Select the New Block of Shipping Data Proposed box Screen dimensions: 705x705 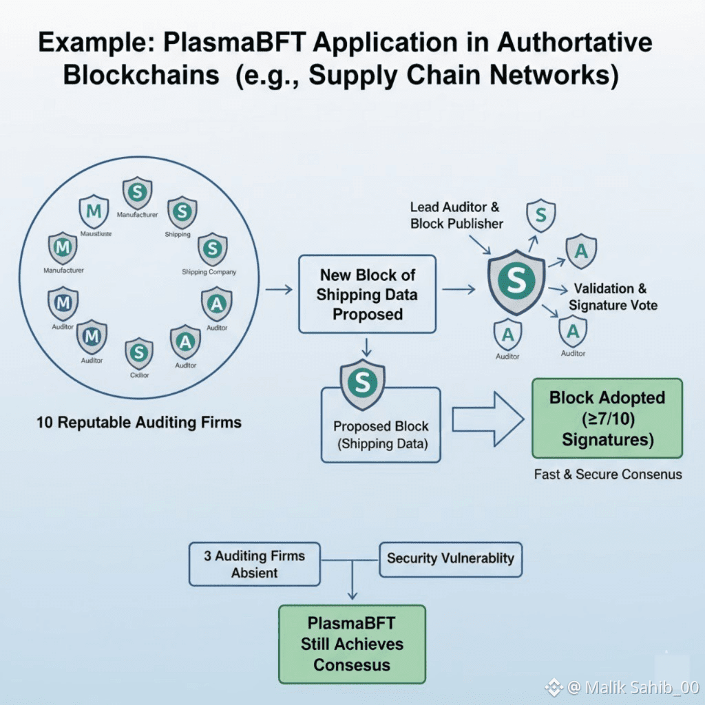click(x=366, y=295)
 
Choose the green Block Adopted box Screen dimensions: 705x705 click(x=607, y=418)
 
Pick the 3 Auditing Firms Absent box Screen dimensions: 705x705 click(x=254, y=564)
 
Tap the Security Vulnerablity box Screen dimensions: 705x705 click(x=450, y=558)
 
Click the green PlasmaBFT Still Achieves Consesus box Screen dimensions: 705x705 click(x=352, y=644)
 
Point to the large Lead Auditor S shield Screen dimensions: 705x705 click(x=516, y=280)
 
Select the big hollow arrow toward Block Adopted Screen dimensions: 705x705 click(x=487, y=420)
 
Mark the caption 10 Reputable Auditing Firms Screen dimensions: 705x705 click(x=139, y=422)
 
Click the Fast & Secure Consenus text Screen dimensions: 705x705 click(x=608, y=474)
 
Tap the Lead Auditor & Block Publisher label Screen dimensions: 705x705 click(x=456, y=215)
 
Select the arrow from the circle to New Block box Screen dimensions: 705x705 click(x=278, y=290)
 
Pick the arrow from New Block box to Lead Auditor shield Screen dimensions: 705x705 click(x=458, y=290)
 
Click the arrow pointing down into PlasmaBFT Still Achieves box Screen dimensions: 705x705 click(x=352, y=585)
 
